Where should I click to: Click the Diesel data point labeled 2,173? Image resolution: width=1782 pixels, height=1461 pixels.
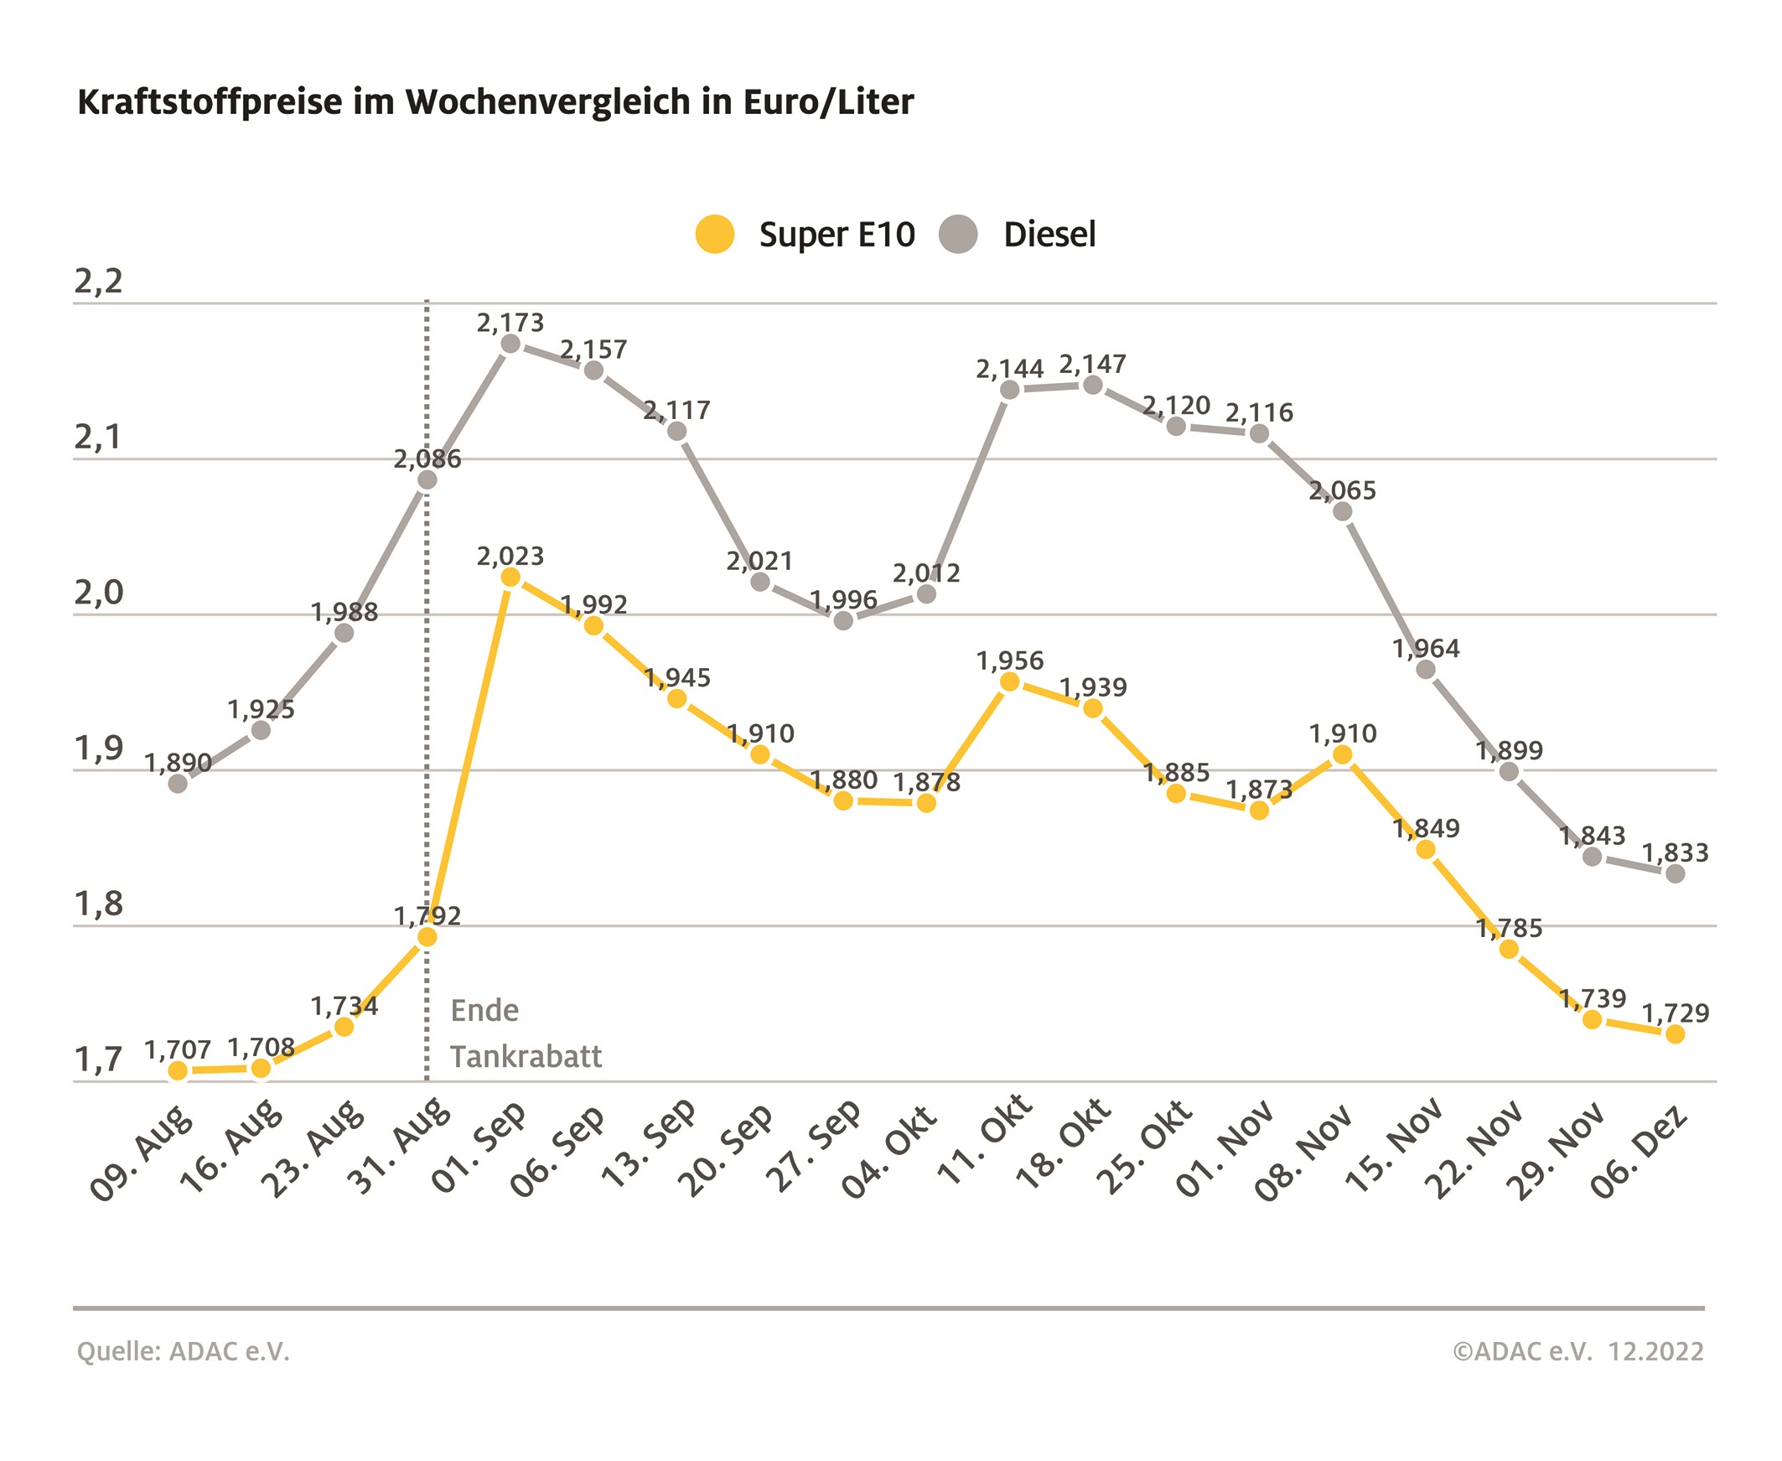(x=510, y=344)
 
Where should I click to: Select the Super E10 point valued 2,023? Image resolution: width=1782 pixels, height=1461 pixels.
(x=510, y=578)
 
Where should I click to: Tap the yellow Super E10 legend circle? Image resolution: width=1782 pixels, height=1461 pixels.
(x=714, y=234)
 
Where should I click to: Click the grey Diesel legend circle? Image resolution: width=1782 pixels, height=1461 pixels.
(x=957, y=234)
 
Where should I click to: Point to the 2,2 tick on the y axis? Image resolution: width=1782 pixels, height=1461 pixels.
(x=98, y=282)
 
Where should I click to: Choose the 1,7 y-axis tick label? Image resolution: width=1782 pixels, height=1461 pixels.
(x=98, y=1060)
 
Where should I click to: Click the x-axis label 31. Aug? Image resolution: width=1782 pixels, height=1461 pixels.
(x=399, y=1147)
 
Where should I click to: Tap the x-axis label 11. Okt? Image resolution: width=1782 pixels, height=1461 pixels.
(x=985, y=1141)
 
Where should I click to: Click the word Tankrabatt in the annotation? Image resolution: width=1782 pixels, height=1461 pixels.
(x=526, y=1056)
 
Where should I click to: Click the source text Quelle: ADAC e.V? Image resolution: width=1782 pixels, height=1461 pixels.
(x=183, y=1351)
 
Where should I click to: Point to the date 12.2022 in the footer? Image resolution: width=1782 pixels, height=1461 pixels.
(x=1655, y=1351)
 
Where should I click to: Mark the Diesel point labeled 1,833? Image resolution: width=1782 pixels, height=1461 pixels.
(x=1676, y=873)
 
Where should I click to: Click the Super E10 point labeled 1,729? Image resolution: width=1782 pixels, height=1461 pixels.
(x=1676, y=1034)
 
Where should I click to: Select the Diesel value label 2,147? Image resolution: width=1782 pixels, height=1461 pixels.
(x=1092, y=365)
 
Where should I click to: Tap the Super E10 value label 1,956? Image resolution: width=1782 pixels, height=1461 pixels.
(x=1010, y=661)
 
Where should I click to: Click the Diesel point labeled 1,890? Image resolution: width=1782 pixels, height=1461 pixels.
(x=178, y=784)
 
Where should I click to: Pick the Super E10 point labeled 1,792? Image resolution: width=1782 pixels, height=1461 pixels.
(x=427, y=936)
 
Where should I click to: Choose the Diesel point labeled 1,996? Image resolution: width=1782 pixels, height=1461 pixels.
(x=843, y=621)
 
